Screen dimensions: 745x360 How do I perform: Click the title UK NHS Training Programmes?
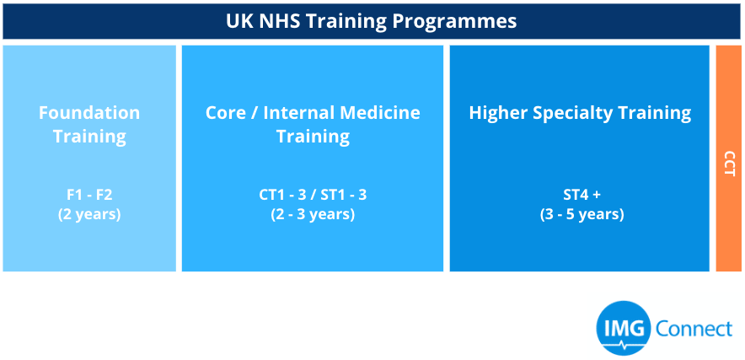click(x=371, y=21)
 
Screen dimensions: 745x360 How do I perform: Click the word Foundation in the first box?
click(x=89, y=113)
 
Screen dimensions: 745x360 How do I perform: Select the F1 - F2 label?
click(x=89, y=195)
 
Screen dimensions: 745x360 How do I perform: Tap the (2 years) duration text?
click(x=89, y=214)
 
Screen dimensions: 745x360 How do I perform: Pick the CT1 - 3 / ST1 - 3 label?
click(x=313, y=195)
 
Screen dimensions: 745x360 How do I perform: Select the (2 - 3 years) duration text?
click(x=313, y=214)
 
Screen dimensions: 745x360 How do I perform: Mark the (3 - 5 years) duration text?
click(x=582, y=214)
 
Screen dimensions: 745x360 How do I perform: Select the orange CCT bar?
click(x=728, y=159)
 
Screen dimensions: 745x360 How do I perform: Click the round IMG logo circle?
click(x=624, y=328)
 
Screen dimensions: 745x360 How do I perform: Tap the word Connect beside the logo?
click(x=694, y=328)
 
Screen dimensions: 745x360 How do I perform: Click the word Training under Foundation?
click(x=89, y=137)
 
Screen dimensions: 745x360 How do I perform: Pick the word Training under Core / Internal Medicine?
click(x=314, y=137)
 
